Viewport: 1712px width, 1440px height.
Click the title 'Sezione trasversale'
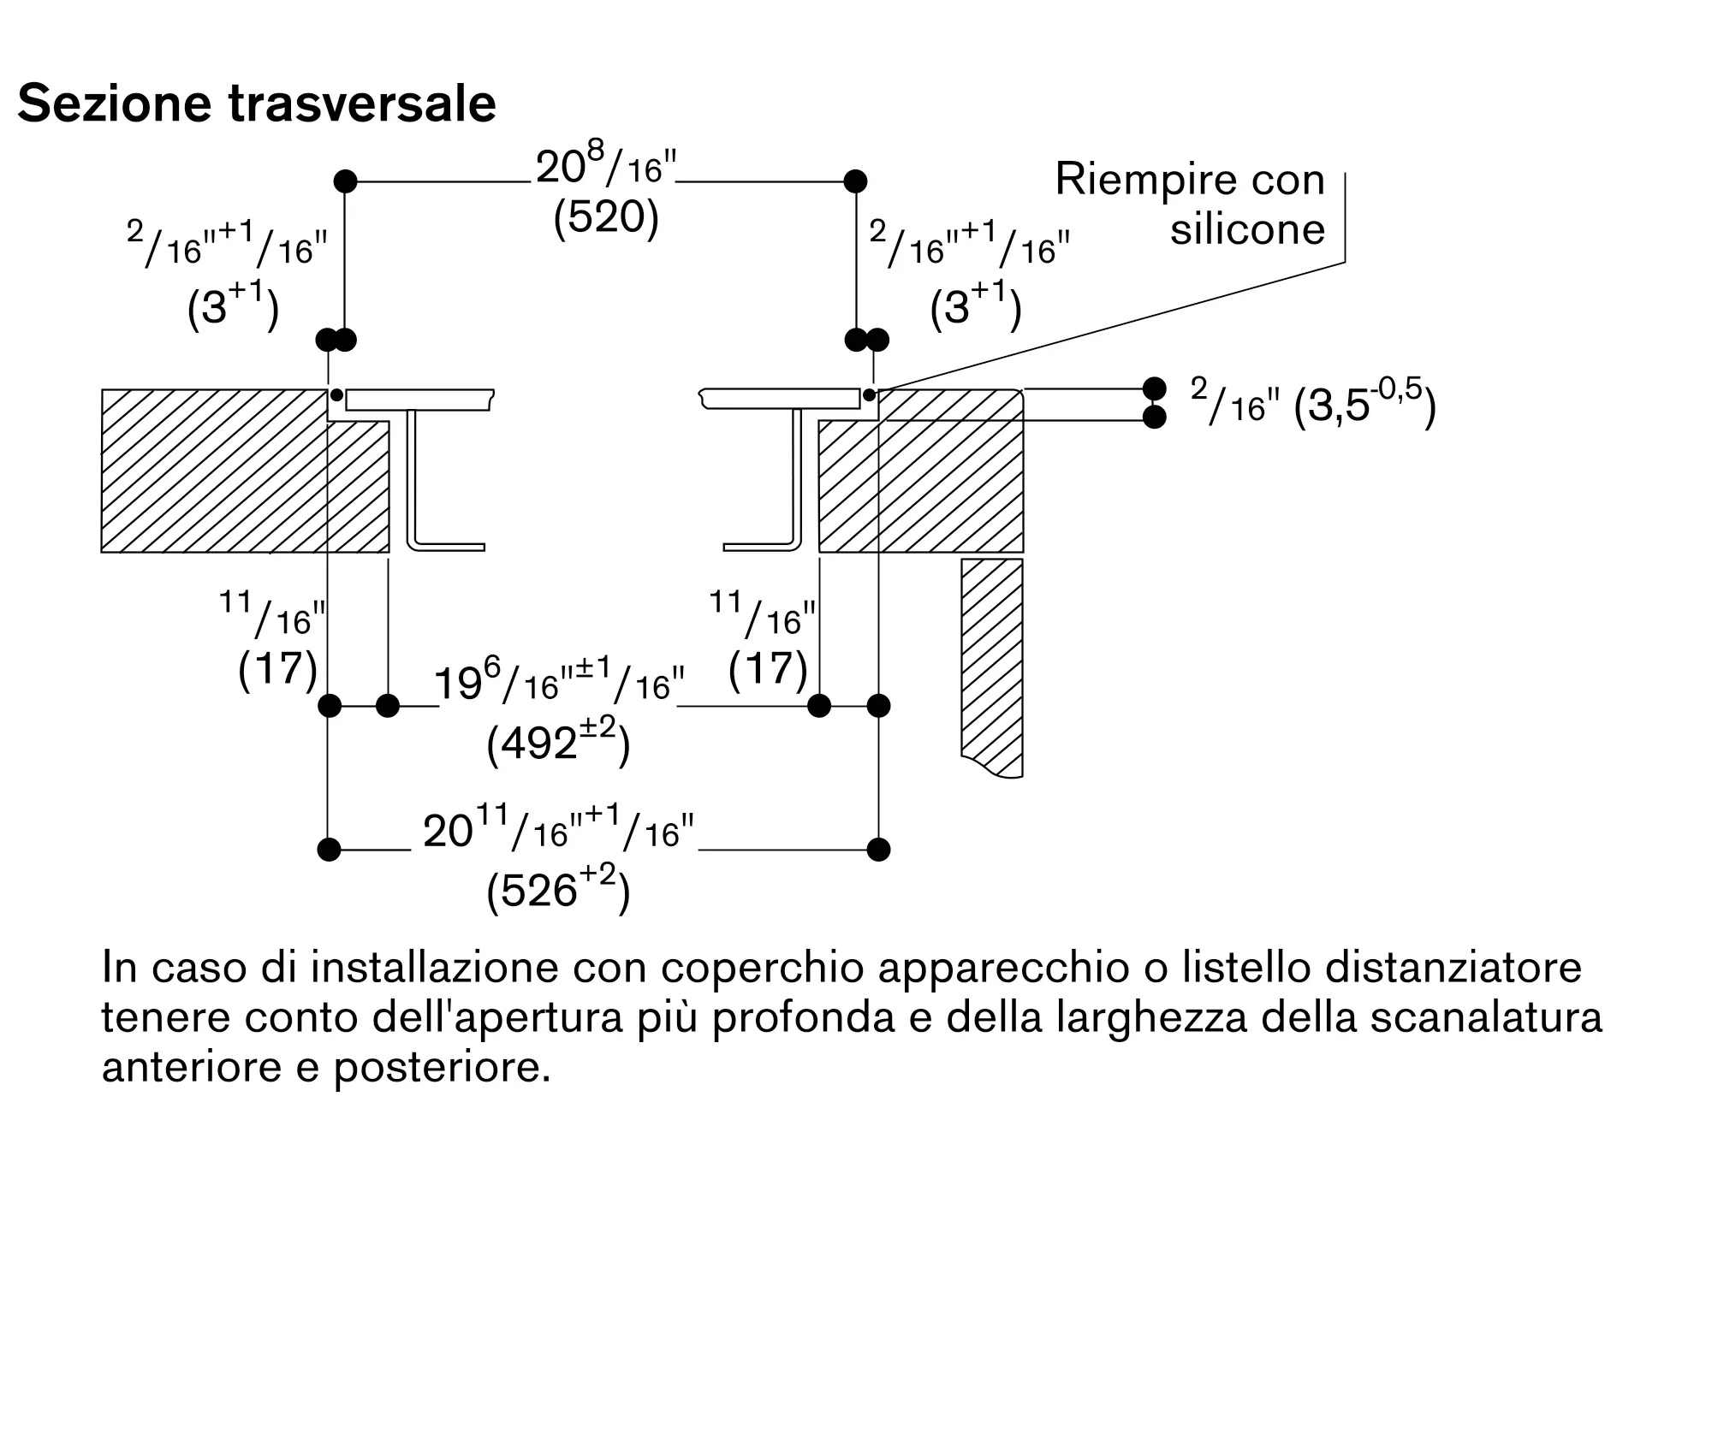tap(257, 104)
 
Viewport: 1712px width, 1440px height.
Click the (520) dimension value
tap(606, 218)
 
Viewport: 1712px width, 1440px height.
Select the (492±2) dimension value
tap(558, 742)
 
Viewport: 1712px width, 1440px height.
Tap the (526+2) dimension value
tap(558, 889)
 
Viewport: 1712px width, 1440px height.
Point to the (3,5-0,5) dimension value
tap(1364, 404)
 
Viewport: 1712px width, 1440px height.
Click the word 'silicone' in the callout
tap(1247, 229)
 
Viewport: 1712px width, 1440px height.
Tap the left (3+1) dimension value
tap(233, 306)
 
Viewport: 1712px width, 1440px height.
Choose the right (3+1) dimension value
tap(976, 306)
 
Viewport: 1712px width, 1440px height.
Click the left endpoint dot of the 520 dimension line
tap(345, 181)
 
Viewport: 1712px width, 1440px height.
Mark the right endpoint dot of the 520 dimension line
tap(855, 181)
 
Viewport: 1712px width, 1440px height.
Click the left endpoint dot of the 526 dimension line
tap(329, 850)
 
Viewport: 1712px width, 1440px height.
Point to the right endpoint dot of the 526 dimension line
tap(878, 850)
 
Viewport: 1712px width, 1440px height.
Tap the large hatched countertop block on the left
tap(214, 471)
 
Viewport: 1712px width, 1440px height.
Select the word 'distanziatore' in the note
tap(1453, 968)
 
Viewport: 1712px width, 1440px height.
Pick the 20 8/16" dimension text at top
tap(606, 166)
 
